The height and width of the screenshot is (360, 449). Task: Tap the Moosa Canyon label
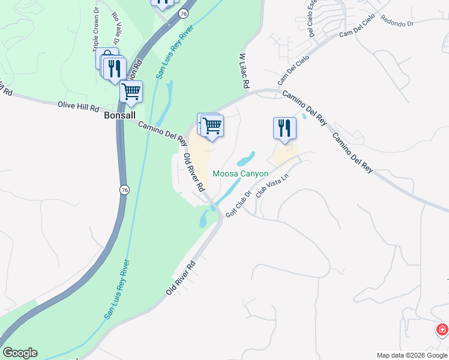point(240,174)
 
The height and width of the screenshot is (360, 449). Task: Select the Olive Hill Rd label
point(78,107)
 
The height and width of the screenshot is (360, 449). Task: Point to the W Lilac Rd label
point(243,71)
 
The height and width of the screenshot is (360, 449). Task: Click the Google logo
point(20,353)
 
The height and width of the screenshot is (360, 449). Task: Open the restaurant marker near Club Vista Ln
point(285,128)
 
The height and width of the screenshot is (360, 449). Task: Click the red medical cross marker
point(442,330)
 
